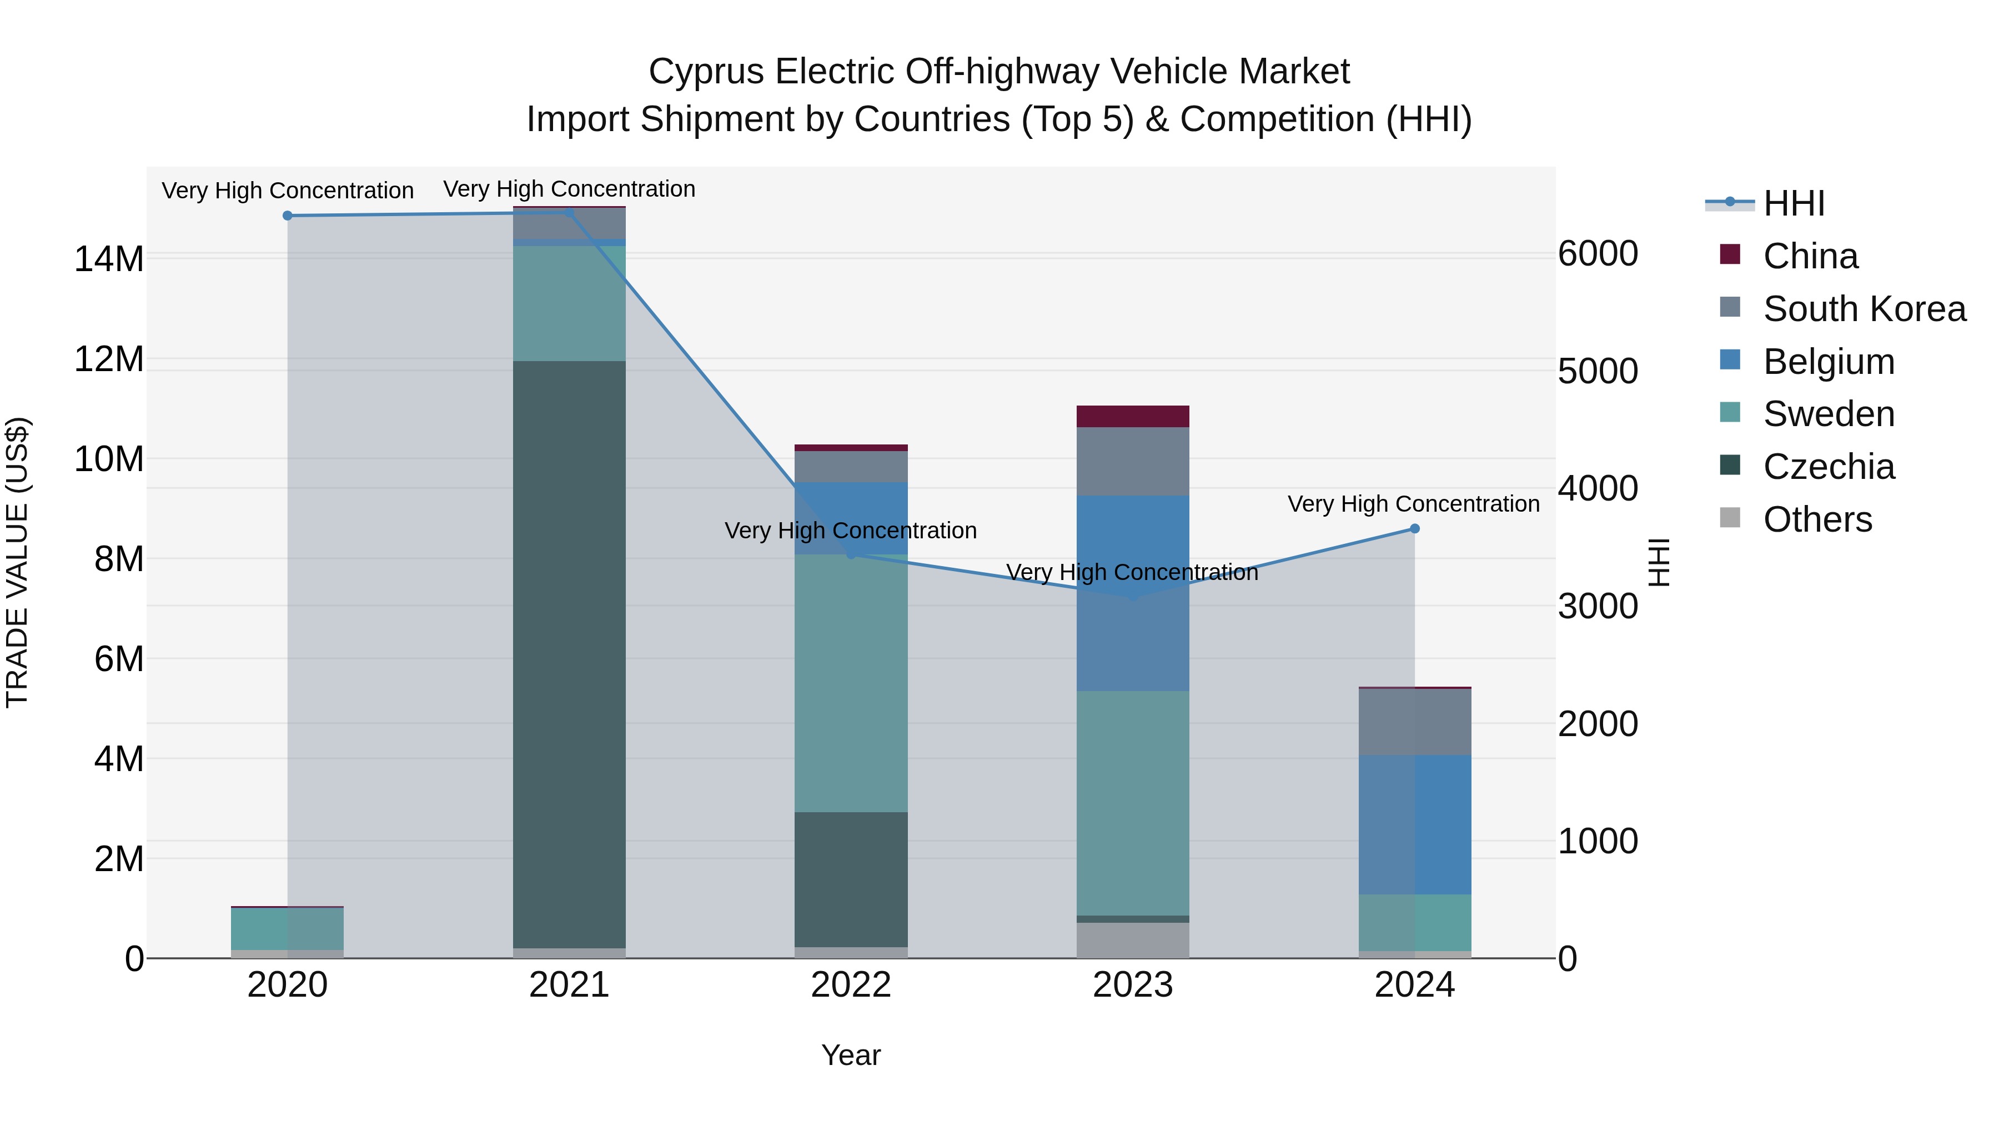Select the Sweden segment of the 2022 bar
click(851, 683)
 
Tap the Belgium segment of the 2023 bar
click(1132, 593)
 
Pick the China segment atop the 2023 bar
click(1132, 416)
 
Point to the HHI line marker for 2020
click(288, 216)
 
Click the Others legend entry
click(1817, 519)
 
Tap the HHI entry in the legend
click(1794, 203)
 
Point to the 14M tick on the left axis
click(109, 258)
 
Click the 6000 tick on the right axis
click(1597, 254)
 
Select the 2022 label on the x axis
click(851, 985)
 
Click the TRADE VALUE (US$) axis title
click(17, 562)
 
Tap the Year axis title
click(851, 1055)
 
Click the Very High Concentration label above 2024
click(1413, 504)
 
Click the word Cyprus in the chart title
click(706, 72)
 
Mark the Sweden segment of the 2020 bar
click(288, 928)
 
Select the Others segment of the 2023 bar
click(1132, 940)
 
